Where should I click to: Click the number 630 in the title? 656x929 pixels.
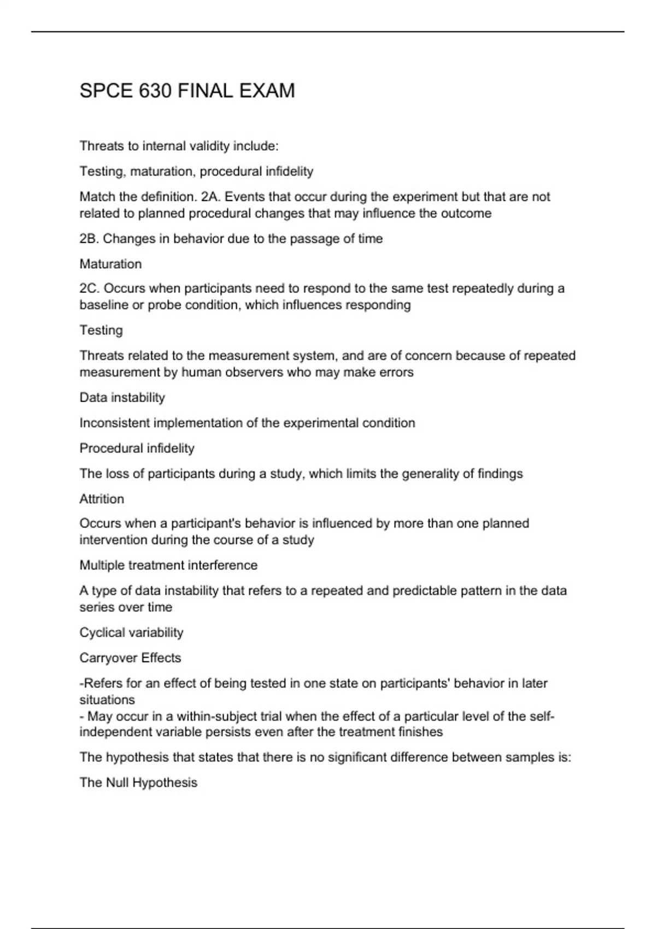click(155, 91)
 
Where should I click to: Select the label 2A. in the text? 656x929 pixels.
click(211, 197)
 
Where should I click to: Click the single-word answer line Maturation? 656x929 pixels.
click(110, 264)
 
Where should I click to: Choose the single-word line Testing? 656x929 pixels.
click(101, 330)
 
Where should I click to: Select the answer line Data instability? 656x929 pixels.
click(122, 398)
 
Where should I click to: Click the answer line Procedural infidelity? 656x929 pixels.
click(137, 449)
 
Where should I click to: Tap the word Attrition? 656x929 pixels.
click(102, 499)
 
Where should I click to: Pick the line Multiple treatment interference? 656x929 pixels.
click(168, 565)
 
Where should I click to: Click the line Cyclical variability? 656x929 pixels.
click(131, 633)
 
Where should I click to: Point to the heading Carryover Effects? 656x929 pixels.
click(130, 658)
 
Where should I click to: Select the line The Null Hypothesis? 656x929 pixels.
click(138, 783)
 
